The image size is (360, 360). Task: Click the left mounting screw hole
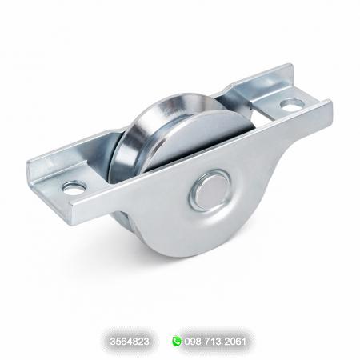[75, 187]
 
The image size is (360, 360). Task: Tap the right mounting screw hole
[293, 104]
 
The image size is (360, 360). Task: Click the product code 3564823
[130, 342]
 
